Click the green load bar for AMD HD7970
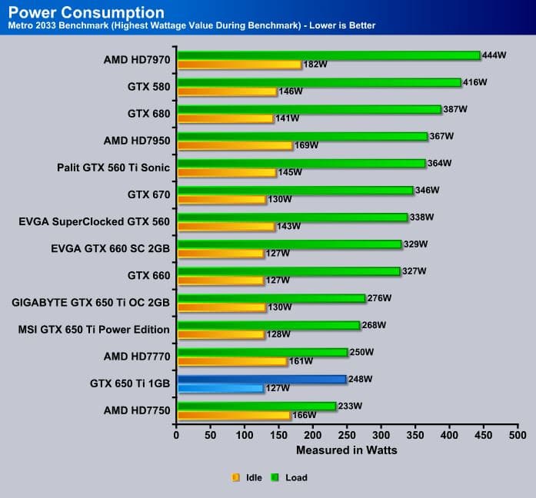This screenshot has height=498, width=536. click(x=328, y=55)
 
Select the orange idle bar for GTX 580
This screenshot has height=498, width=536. click(x=226, y=91)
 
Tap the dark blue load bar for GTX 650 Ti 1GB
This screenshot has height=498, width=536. click(x=261, y=379)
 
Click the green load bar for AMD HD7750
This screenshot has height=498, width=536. click(x=256, y=406)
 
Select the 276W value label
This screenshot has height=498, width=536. click(x=380, y=297)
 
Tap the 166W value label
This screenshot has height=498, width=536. click(x=305, y=415)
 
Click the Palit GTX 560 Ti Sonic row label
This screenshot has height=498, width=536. click(x=113, y=167)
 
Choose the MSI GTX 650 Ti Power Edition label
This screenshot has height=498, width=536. click(x=94, y=329)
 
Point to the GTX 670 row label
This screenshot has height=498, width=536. click(x=148, y=194)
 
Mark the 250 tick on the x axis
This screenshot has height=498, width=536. click(x=347, y=435)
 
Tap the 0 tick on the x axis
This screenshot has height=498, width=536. click(x=177, y=435)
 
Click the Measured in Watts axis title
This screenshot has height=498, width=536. click(x=346, y=450)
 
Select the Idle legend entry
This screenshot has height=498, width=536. click(x=248, y=477)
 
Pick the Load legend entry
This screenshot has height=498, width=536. click(x=290, y=477)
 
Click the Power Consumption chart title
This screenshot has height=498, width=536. click(x=85, y=13)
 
